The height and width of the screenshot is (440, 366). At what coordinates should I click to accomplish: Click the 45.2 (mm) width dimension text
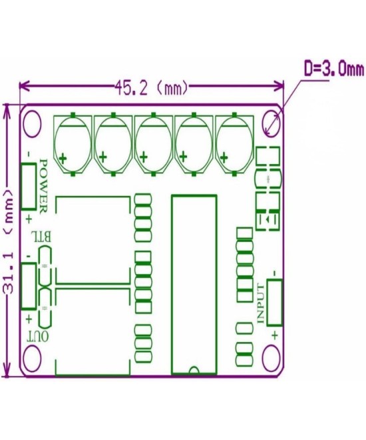click(x=152, y=87)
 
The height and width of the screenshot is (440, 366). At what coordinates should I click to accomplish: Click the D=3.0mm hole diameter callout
click(x=333, y=69)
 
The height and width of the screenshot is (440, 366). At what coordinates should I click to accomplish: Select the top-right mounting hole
click(x=270, y=121)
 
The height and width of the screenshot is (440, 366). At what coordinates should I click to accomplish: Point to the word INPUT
click(x=262, y=303)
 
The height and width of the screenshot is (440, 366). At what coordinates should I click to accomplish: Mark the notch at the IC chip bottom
click(x=194, y=370)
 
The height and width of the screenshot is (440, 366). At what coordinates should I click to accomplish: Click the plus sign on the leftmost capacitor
click(x=63, y=159)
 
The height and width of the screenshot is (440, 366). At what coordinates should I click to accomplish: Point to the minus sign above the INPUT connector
click(x=274, y=271)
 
